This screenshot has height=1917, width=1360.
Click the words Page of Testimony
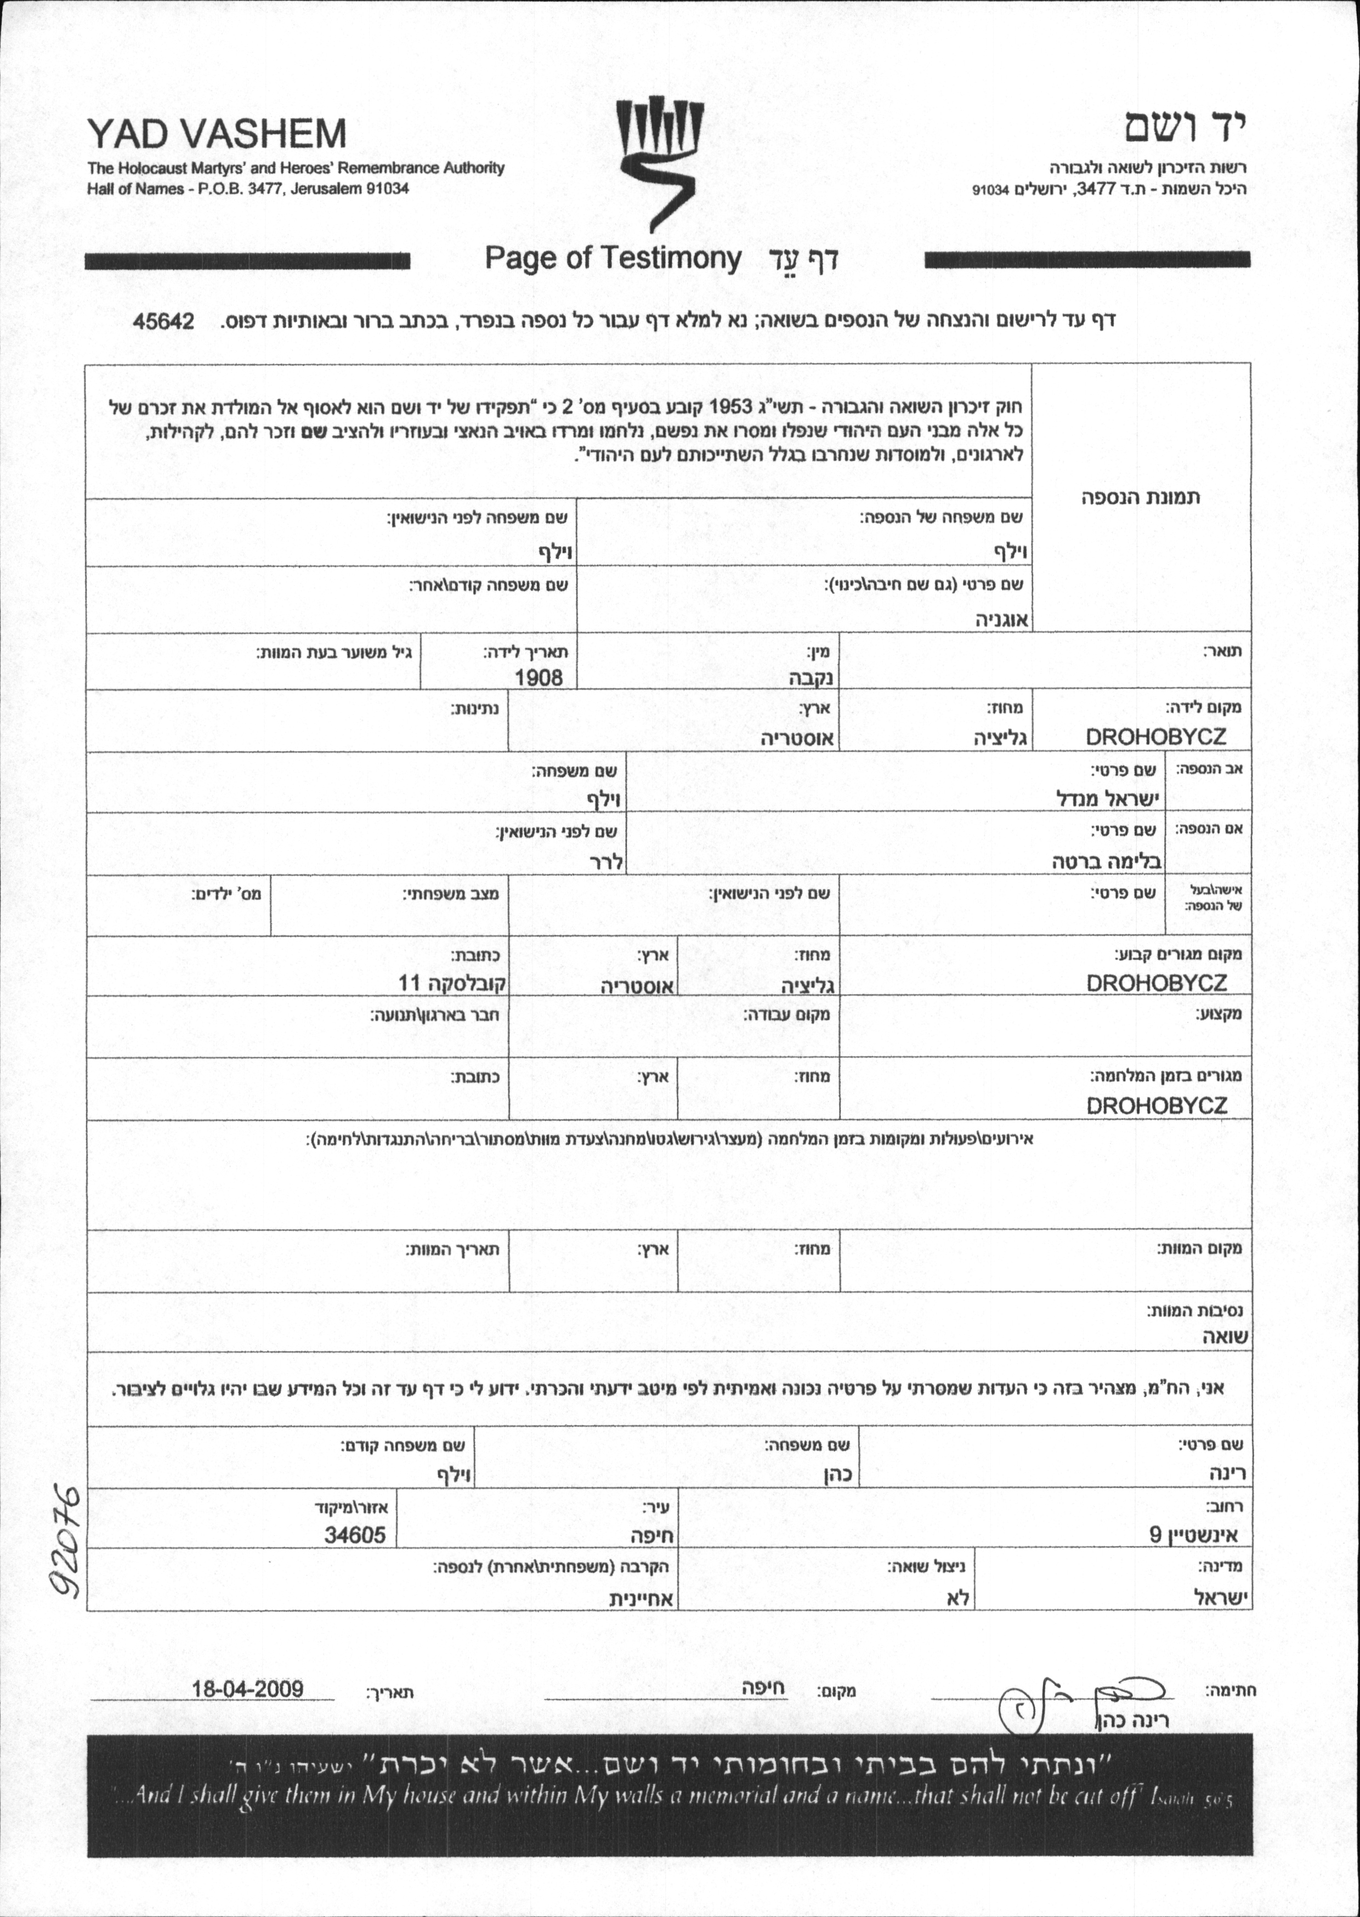pos(613,259)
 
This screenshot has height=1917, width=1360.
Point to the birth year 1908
pos(539,677)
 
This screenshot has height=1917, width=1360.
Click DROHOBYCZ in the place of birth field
pos(1155,736)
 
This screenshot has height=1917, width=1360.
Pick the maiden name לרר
pos(605,862)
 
